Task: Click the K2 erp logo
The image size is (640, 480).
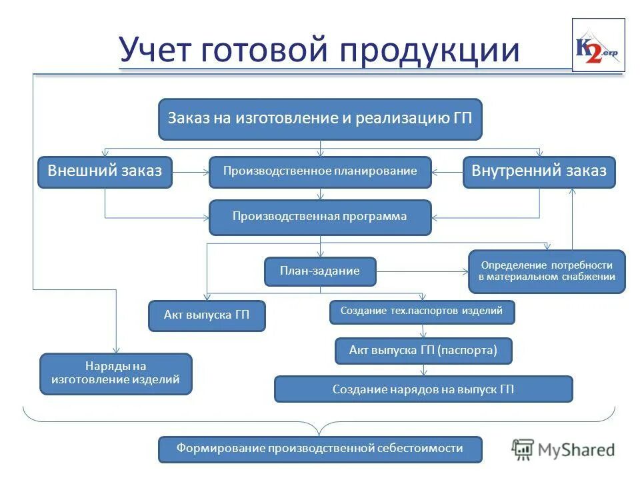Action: tap(598, 45)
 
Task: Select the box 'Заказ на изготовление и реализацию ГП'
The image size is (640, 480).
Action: tap(320, 119)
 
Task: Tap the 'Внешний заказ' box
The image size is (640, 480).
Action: tap(105, 171)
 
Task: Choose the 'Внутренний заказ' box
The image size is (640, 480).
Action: tap(539, 171)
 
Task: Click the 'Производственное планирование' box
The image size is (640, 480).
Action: tap(320, 171)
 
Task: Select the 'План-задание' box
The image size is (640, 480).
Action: tap(320, 271)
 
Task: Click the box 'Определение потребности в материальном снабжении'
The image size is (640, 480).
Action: tap(547, 271)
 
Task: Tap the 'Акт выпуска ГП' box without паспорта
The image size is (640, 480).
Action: tap(207, 315)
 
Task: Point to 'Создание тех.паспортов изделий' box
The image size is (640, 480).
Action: tap(422, 311)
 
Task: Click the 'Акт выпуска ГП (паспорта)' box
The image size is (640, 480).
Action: tap(423, 350)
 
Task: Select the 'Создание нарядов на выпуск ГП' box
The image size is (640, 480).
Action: tap(423, 389)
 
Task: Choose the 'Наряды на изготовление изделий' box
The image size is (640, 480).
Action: tap(116, 373)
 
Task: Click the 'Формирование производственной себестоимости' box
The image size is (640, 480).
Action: tap(320, 449)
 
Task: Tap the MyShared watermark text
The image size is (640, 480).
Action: tap(577, 449)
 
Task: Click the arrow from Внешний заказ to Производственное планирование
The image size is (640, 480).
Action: tap(191, 172)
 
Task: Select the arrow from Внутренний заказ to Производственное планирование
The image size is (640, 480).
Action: tap(447, 172)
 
